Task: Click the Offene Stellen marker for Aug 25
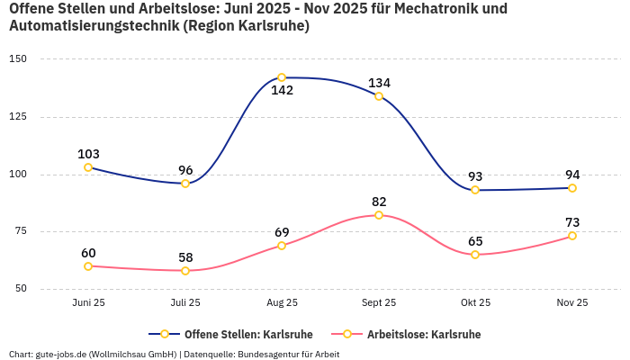[282, 77]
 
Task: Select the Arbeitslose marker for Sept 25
[379, 215]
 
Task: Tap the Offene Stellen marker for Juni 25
[88, 167]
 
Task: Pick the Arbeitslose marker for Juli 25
[185, 271]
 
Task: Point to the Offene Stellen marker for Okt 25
[475, 190]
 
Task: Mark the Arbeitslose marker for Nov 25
[572, 236]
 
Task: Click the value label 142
[282, 90]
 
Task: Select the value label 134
[379, 83]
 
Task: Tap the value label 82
[379, 202]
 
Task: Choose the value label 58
[185, 257]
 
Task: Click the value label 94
[572, 175]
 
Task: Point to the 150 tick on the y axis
[18, 59]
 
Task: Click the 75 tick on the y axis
[21, 231]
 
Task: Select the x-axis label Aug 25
[282, 302]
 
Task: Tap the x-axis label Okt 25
[475, 302]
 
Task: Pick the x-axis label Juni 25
[88, 302]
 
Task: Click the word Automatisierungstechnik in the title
[93, 26]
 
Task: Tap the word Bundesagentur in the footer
[267, 354]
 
